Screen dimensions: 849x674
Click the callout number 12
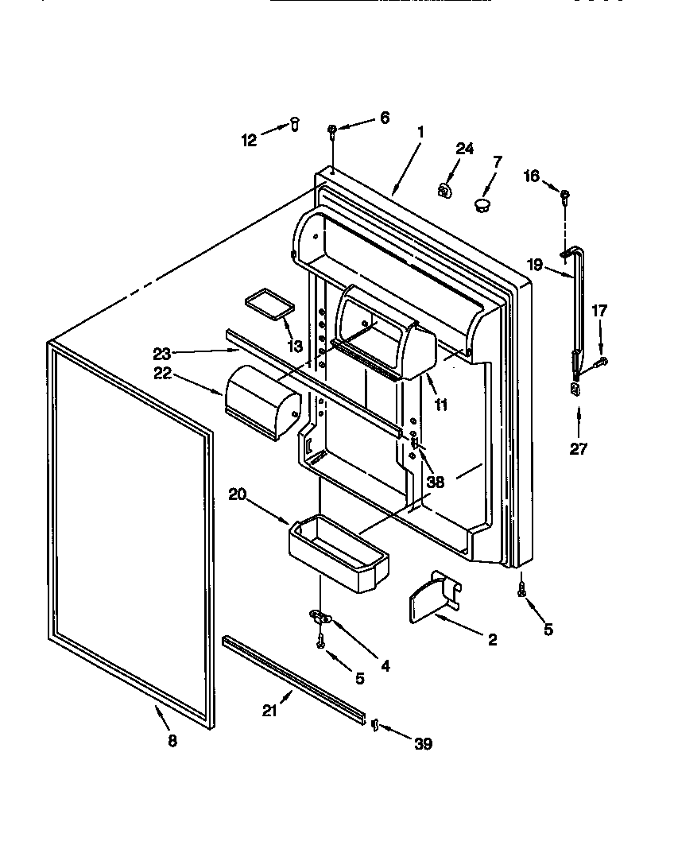pyautogui.click(x=249, y=140)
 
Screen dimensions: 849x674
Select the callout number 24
pyautogui.click(x=464, y=149)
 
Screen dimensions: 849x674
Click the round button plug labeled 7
pyautogui.click(x=482, y=206)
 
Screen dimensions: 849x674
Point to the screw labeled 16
pyautogui.click(x=564, y=195)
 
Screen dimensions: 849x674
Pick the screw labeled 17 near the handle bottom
pyautogui.click(x=602, y=362)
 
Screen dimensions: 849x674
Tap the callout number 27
pyautogui.click(x=578, y=449)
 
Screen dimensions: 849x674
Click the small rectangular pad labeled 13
pyautogui.click(x=269, y=305)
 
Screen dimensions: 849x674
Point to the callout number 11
pyautogui.click(x=440, y=405)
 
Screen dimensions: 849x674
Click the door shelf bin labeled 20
pyautogui.click(x=339, y=552)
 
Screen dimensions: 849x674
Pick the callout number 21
pyautogui.click(x=270, y=711)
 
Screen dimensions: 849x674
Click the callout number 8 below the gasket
pyautogui.click(x=172, y=741)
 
